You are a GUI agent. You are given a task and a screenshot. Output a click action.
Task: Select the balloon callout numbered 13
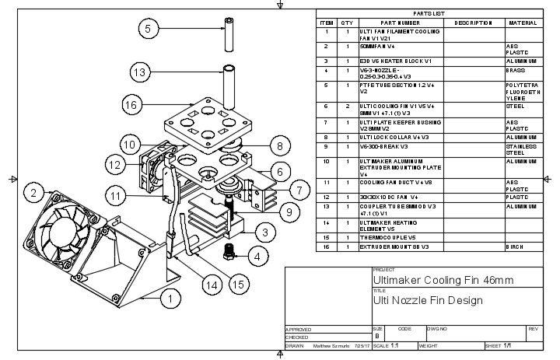click(x=139, y=73)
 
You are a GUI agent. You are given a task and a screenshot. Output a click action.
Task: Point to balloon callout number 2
click(x=33, y=192)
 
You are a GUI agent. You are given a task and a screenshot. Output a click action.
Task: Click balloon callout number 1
click(x=168, y=296)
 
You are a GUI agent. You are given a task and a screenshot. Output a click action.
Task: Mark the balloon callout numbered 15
click(x=239, y=285)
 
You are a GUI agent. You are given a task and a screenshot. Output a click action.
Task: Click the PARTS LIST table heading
click(x=429, y=14)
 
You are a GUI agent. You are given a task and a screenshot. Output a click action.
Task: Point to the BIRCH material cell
click(x=516, y=246)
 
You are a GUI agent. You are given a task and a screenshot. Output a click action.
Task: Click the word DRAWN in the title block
click(x=295, y=346)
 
